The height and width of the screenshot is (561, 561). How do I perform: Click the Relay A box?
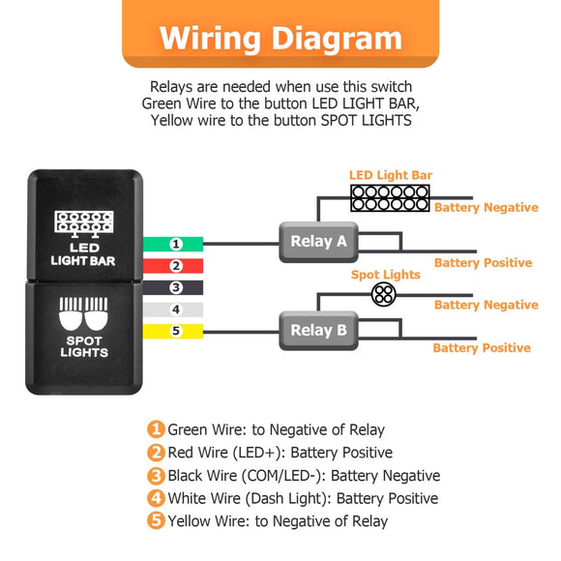pos(318,242)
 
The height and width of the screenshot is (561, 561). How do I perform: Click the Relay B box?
pos(318,331)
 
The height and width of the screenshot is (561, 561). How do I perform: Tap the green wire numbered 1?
pos(174,244)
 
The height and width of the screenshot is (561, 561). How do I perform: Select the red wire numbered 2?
pos(174,266)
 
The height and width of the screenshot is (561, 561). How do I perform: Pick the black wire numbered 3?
pos(174,287)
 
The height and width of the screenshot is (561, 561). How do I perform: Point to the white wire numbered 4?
pos(174,310)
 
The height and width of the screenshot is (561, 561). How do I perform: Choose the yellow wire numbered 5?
pos(174,332)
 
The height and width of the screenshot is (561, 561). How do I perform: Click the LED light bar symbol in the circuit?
pos(390,198)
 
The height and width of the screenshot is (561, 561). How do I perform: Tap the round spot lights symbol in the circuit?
pos(384,294)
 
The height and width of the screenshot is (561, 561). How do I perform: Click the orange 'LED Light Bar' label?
pos(390,176)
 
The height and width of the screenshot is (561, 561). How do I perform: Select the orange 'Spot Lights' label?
pos(385,275)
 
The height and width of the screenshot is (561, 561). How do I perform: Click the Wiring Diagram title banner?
pos(280,39)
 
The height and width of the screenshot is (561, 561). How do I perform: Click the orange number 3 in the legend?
pos(156,476)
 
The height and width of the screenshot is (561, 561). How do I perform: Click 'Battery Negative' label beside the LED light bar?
pos(486,208)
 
